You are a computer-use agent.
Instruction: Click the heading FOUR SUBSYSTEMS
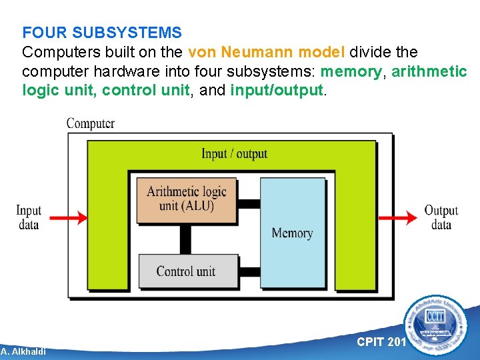click(102, 32)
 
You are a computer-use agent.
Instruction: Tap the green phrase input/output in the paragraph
click(277, 90)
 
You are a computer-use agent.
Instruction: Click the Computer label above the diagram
click(90, 123)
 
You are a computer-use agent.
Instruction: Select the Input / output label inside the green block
click(234, 154)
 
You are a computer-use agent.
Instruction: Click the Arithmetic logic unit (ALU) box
click(187, 199)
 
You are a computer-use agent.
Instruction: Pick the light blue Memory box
click(292, 233)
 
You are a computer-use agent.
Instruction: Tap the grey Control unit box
click(187, 271)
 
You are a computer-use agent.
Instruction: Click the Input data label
click(29, 217)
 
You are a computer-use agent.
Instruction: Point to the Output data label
click(441, 217)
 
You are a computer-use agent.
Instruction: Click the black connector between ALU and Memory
click(249, 203)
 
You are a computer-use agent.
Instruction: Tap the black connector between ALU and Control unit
click(185, 239)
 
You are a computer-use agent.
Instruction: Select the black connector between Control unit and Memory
click(249, 271)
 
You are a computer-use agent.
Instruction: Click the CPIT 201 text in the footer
click(381, 342)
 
